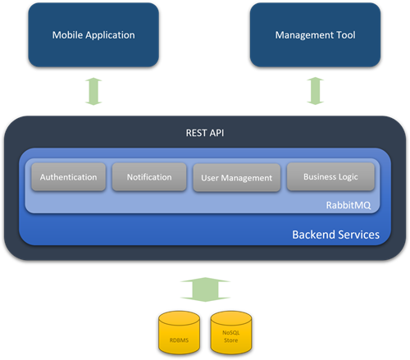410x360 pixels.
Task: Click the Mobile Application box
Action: [x=93, y=35]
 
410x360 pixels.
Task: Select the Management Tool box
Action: [x=315, y=35]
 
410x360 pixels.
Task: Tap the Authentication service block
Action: [x=69, y=177]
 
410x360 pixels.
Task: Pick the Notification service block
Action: [x=149, y=177]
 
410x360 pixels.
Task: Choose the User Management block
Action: [x=237, y=178]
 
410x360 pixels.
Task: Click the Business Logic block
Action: [x=330, y=176]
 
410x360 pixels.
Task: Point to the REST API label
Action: [x=205, y=133]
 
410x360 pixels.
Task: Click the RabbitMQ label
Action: [x=348, y=205]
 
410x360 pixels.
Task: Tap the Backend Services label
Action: [x=336, y=235]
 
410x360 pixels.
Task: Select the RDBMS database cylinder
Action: [x=180, y=332]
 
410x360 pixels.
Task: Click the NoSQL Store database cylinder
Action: [x=231, y=332]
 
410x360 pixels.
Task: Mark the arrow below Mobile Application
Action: [x=93, y=91]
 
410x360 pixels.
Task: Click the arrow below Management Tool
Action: [x=315, y=91]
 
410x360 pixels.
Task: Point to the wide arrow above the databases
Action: [x=205, y=289]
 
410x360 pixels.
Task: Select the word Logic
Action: [x=348, y=177]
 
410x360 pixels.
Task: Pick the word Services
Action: [x=358, y=235]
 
